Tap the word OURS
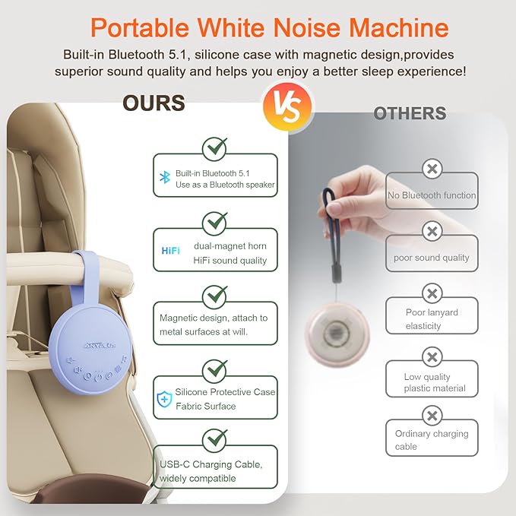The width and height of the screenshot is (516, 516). point(154,103)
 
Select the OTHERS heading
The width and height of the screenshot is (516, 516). point(410,114)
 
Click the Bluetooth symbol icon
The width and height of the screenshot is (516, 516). point(163,177)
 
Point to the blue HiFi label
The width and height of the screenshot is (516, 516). point(170,250)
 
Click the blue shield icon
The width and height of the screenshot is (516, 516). point(164,398)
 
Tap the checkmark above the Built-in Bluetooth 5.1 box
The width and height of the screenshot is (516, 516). point(215,146)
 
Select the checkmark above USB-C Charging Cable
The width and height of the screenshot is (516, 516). point(215,438)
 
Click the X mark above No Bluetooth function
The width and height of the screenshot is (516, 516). point(432,169)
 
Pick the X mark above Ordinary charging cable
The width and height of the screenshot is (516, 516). point(432,416)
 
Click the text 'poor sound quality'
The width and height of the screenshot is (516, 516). point(431,258)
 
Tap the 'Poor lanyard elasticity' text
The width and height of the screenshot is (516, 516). point(431,318)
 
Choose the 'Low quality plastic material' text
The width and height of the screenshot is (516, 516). point(434,382)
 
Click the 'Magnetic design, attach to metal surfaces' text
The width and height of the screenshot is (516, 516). point(213,324)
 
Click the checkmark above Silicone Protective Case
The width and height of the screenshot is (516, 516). point(215,370)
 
